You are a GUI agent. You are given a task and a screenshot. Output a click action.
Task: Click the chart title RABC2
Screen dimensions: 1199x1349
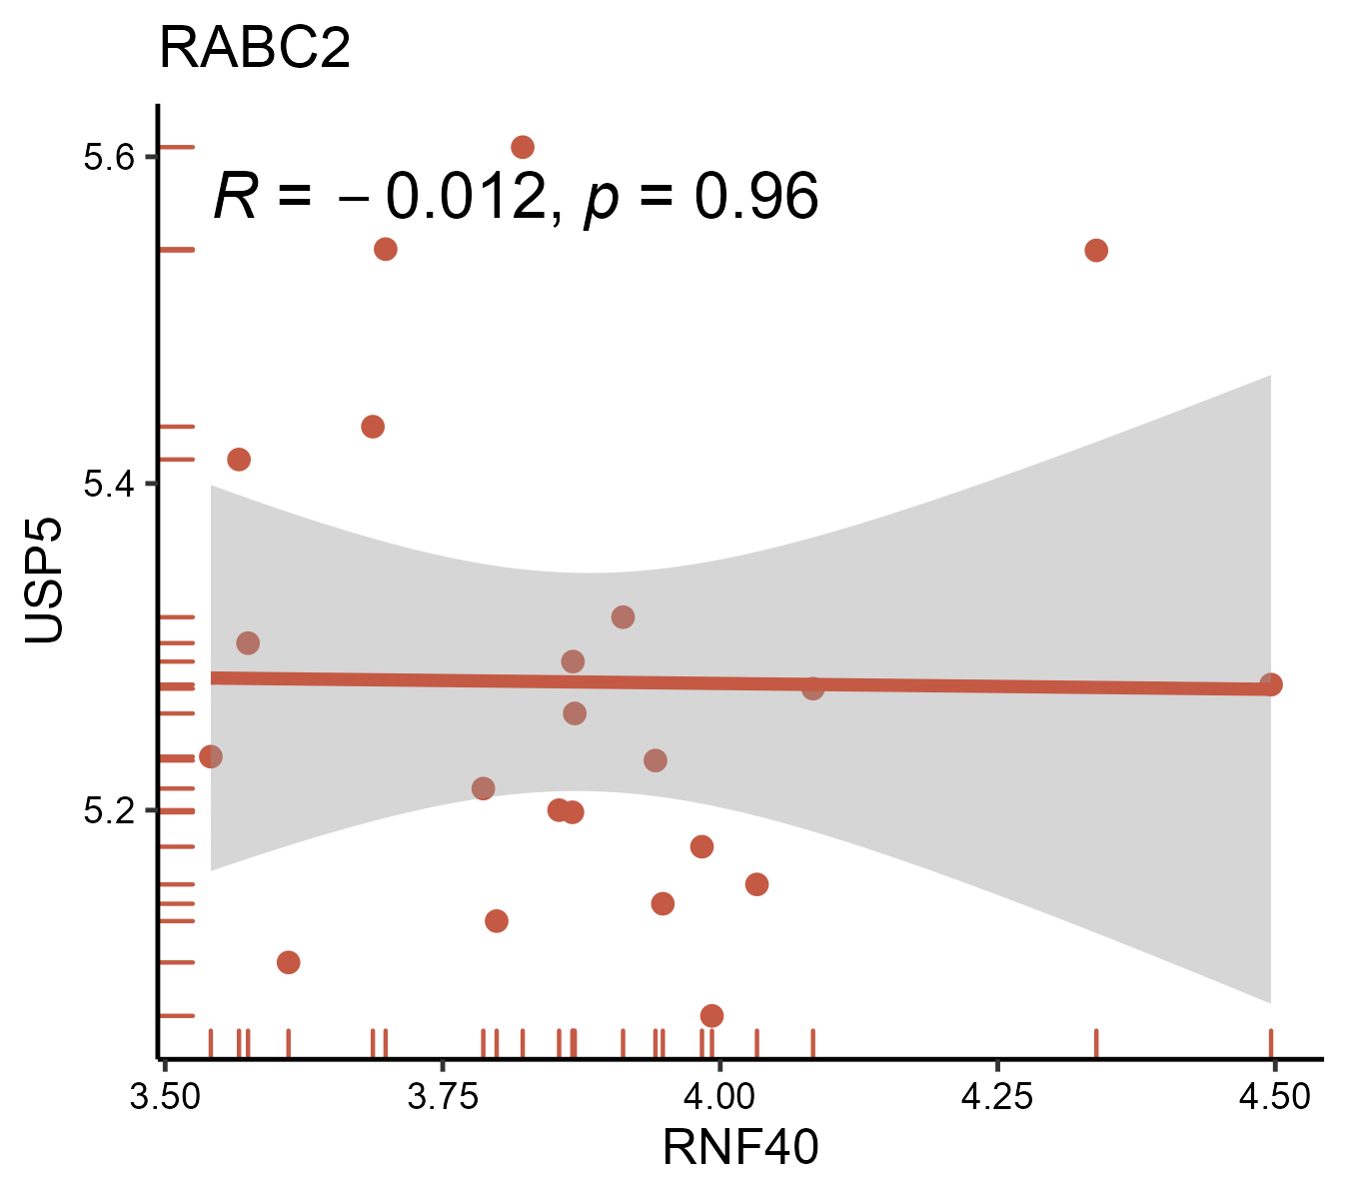point(255,48)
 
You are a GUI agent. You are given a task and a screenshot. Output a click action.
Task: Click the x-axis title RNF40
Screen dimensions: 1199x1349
point(740,1147)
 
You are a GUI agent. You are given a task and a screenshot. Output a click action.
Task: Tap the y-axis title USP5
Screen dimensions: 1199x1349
point(44,581)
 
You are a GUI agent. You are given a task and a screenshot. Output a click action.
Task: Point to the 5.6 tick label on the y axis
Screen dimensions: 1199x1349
point(107,158)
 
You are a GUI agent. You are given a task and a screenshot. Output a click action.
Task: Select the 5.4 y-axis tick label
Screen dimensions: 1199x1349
point(107,485)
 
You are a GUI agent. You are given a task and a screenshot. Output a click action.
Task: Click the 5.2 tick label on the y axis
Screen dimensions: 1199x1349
point(107,810)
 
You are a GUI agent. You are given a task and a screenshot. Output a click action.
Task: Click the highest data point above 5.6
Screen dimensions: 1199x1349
point(523,147)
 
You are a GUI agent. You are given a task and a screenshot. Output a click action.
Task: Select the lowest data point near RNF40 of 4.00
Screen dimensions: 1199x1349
point(711,1015)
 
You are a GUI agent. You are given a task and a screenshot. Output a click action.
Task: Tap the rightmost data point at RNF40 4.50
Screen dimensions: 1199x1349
point(1271,684)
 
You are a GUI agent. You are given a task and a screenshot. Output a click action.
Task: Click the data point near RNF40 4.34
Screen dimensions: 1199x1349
point(1096,250)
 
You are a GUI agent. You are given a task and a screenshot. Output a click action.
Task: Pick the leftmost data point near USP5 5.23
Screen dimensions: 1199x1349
point(211,756)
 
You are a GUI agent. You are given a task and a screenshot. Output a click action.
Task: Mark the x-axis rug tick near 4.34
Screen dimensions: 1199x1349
point(1096,1042)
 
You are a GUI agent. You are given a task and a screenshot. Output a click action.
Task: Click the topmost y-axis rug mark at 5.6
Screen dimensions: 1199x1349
point(177,147)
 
